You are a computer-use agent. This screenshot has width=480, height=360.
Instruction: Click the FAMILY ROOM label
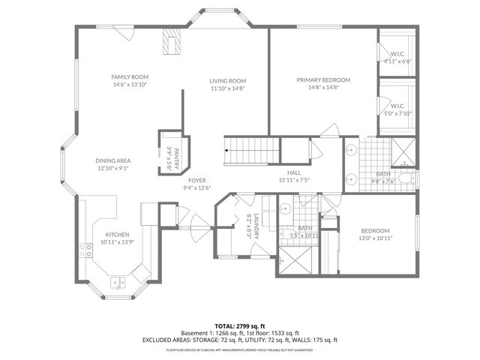coord(129,77)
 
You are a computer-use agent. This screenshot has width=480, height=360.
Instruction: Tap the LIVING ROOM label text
coord(227,81)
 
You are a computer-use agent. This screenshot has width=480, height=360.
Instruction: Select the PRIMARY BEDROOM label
coord(322,79)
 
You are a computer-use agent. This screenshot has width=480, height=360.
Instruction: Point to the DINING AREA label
coord(113,160)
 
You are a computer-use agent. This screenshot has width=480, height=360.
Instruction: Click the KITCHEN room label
coord(117,235)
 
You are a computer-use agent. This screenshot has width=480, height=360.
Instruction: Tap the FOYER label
coord(197,180)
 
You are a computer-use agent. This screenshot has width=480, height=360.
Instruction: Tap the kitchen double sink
coord(118,283)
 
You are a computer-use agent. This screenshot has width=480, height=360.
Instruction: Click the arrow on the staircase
coord(227,150)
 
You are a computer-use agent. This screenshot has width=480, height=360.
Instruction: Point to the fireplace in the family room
coord(172,42)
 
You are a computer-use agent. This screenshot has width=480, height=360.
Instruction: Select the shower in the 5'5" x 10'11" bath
coord(294,262)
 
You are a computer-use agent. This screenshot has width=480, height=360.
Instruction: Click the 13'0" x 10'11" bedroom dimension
coord(375,238)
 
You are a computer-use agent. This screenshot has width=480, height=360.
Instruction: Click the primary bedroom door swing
coord(330,130)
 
